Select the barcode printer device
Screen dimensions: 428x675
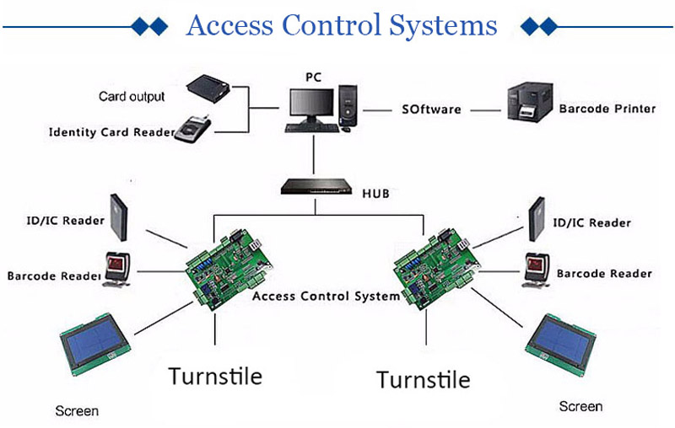pyautogui.click(x=529, y=107)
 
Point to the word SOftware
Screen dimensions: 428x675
pyautogui.click(x=430, y=110)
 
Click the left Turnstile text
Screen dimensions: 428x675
pyautogui.click(x=215, y=375)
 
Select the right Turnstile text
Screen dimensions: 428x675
pyautogui.click(x=423, y=379)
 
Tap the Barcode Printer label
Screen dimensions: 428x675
pyautogui.click(x=607, y=109)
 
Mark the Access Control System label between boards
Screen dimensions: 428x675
pyautogui.click(x=326, y=297)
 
